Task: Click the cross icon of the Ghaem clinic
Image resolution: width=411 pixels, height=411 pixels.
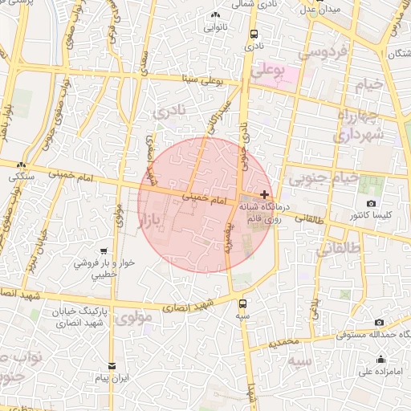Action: (265, 194)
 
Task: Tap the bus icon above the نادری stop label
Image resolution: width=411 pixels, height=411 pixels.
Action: (254, 35)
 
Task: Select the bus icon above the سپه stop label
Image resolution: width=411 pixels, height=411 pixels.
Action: (243, 303)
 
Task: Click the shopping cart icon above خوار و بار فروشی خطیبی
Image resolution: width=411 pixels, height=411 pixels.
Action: (102, 251)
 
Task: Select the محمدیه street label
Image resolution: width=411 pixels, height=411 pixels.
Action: (283, 342)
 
